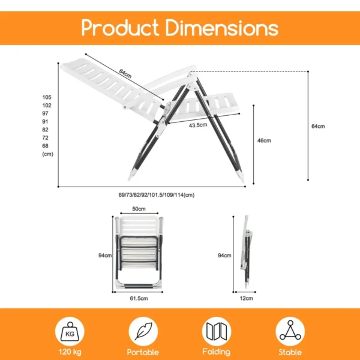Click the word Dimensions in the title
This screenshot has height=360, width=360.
pos(221,28)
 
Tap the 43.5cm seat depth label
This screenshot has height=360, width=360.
pos(198,125)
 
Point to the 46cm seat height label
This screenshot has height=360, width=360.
pos(264,140)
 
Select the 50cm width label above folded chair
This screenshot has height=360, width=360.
pos(139,209)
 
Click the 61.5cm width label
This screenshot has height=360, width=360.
pos(139,298)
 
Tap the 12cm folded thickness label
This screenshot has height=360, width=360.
pos(247,298)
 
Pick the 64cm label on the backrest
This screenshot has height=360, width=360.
pos(125,73)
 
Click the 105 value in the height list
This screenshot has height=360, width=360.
pos(47,97)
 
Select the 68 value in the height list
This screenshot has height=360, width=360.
pos(46,146)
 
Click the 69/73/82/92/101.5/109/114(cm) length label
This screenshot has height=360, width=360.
pos(157,194)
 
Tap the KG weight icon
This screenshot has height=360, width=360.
pos(71,331)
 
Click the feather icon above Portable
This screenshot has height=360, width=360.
pos(143,331)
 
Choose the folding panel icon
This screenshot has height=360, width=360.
pos(216,331)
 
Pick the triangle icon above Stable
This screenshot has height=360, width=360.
pos(290,331)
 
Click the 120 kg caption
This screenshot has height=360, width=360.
pos(71,352)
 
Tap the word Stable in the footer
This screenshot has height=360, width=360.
pos(290,352)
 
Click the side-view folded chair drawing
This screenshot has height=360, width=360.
pos(247,252)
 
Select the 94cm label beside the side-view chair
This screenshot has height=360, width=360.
pos(224,255)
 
